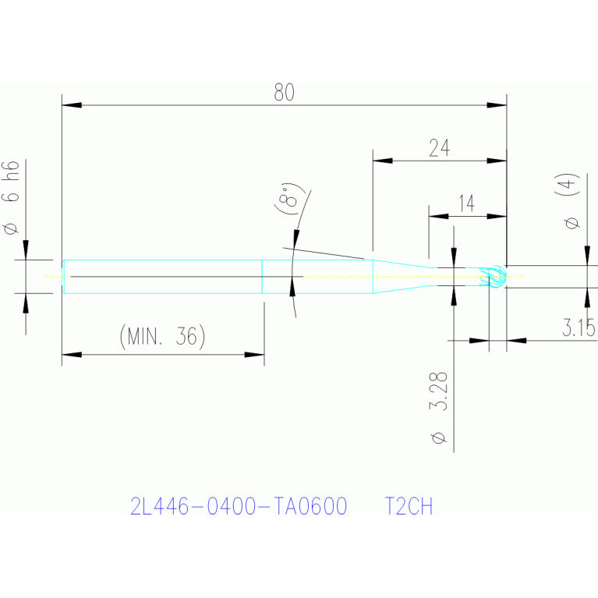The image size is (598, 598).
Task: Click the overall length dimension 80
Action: [284, 92]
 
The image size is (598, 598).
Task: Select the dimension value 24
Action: [440, 148]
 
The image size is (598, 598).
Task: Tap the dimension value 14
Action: [467, 203]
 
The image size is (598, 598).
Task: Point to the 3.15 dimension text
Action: [579, 327]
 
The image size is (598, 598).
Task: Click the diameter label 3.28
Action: [439, 391]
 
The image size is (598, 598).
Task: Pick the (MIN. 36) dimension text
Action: [162, 336]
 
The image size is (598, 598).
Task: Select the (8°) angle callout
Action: [290, 198]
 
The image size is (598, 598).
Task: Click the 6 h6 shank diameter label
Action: [10, 181]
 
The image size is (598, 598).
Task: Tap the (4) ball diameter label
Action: [568, 184]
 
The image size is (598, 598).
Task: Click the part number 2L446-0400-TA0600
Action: [239, 507]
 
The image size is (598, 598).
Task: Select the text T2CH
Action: [409, 507]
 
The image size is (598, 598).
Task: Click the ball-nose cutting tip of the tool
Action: [494, 276]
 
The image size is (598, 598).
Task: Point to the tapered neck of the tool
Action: [402, 277]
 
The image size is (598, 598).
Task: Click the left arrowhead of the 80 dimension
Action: [72, 105]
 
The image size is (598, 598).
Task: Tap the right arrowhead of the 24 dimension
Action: [497, 161]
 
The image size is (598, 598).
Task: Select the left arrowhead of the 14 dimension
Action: [439, 216]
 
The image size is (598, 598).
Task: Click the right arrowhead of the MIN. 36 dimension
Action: [254, 355]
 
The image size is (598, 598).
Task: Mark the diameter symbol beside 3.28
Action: [439, 438]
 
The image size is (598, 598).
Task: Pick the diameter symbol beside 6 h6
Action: [11, 228]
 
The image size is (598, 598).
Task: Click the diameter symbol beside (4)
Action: [571, 222]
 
